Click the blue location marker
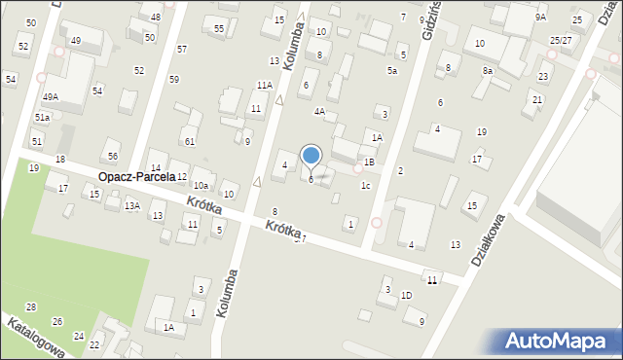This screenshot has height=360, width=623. [x=311, y=156]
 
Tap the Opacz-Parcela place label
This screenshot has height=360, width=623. [x=135, y=177]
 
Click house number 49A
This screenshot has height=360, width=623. [x=51, y=97]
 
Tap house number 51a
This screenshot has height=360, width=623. [x=42, y=118]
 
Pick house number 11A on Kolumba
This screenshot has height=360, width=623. [x=264, y=86]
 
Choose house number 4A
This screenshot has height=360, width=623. [x=319, y=112]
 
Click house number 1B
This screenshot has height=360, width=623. [x=369, y=162]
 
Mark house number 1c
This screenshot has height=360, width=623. [x=365, y=186]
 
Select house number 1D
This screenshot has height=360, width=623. [x=407, y=295]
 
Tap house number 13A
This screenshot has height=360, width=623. [x=131, y=205]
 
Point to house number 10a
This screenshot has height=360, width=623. [x=201, y=185]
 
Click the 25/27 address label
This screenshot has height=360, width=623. [x=561, y=41]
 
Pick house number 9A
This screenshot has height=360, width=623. [x=541, y=18]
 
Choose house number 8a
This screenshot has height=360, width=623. [x=488, y=71]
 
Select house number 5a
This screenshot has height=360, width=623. [x=392, y=71]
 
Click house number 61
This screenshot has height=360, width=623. [x=190, y=142]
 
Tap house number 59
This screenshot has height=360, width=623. [x=173, y=79]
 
